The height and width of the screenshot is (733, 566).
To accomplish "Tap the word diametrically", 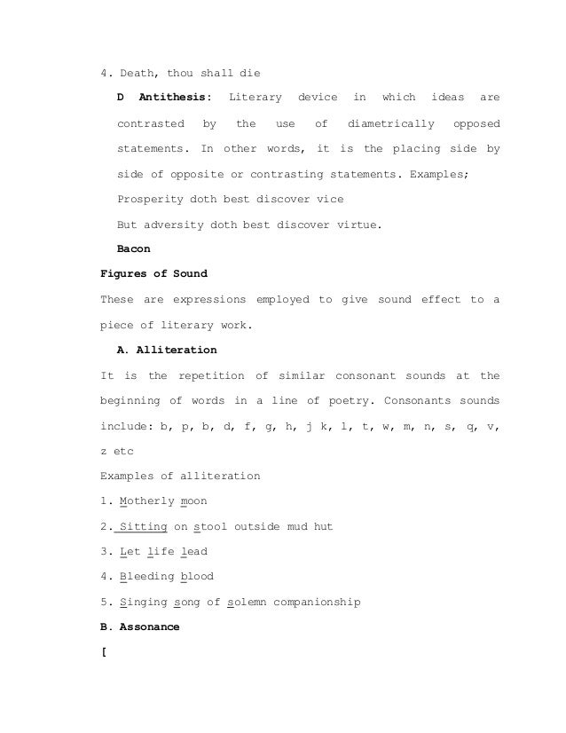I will pyautogui.click(x=391, y=122).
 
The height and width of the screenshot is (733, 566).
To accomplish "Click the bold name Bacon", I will pyautogui.click(x=134, y=249).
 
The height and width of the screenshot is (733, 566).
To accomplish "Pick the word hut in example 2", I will pyautogui.click(x=322, y=526).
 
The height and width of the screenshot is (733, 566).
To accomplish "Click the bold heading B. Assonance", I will pyautogui.click(x=140, y=627).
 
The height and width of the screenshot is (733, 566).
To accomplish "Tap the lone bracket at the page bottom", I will pyautogui.click(x=105, y=652).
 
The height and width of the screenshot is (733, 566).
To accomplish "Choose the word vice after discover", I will pyautogui.click(x=330, y=199).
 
